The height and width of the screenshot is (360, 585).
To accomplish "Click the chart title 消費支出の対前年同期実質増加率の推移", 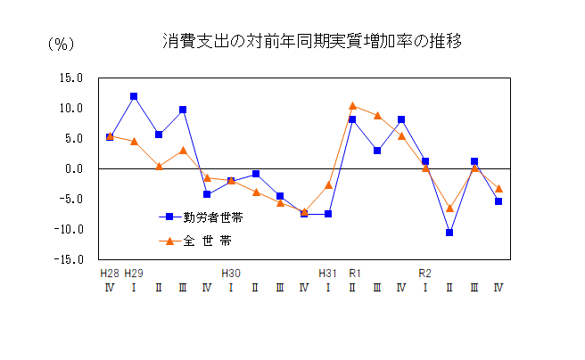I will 312,41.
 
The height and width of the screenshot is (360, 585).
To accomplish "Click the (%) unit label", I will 60,44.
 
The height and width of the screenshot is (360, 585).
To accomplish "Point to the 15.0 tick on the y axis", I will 70,78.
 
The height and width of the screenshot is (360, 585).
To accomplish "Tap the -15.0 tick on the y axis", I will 69,259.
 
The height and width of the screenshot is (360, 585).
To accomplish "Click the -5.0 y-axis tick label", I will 70,199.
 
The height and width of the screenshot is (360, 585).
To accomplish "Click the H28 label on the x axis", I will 110,273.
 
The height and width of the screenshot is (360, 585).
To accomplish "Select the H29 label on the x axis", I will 134,273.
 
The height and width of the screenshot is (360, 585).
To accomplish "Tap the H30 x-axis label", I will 231,273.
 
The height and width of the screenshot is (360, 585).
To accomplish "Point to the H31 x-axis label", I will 328,273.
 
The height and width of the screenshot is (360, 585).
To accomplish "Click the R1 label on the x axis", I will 353,273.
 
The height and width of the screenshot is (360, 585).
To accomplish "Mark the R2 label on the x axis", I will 425,273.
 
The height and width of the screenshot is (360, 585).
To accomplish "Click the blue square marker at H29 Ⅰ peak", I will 134,96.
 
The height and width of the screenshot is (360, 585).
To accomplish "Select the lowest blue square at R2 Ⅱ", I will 449,233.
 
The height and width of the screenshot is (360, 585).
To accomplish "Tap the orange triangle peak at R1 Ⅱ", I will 353,106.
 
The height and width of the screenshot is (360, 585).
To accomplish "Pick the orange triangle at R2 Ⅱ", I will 449,208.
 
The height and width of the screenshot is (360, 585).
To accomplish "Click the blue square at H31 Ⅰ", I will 328,214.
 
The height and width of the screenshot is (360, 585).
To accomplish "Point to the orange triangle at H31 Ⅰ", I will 328,184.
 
